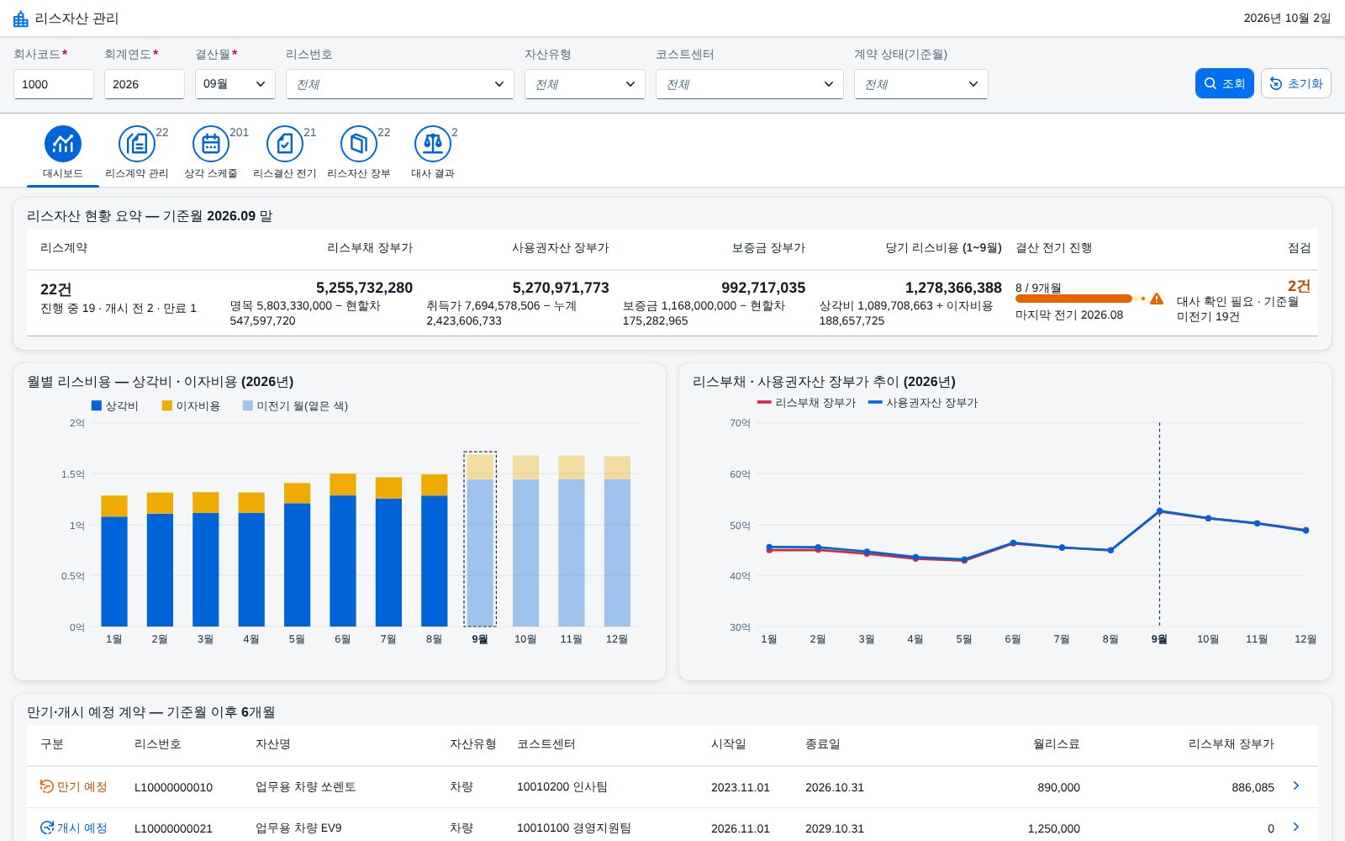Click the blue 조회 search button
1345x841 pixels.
[x=1224, y=83]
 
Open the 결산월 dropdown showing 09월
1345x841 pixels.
[x=235, y=83]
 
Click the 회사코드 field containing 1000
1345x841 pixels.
[x=54, y=83]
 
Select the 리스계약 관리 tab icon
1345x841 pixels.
[x=137, y=144]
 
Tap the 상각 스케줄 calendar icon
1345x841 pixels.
[x=211, y=144]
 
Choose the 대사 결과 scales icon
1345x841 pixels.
[x=432, y=144]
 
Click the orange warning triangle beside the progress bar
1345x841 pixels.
[x=1157, y=299]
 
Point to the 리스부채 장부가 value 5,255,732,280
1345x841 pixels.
[x=364, y=288]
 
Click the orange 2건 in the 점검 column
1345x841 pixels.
[x=1299, y=286]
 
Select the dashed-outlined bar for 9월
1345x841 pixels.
[x=480, y=539]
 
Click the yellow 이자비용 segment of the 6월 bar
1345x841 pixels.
[x=343, y=484]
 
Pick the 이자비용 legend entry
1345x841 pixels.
[x=191, y=406]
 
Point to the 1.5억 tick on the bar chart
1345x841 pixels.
[x=72, y=474]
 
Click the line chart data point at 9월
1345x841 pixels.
[x=1159, y=511]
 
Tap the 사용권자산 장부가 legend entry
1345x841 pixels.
[x=923, y=403]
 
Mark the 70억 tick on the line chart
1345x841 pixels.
[x=740, y=423]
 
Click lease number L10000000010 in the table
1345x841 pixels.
[x=173, y=787]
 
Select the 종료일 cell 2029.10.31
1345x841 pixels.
[x=834, y=828]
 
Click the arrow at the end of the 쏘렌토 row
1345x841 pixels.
[x=1295, y=785]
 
